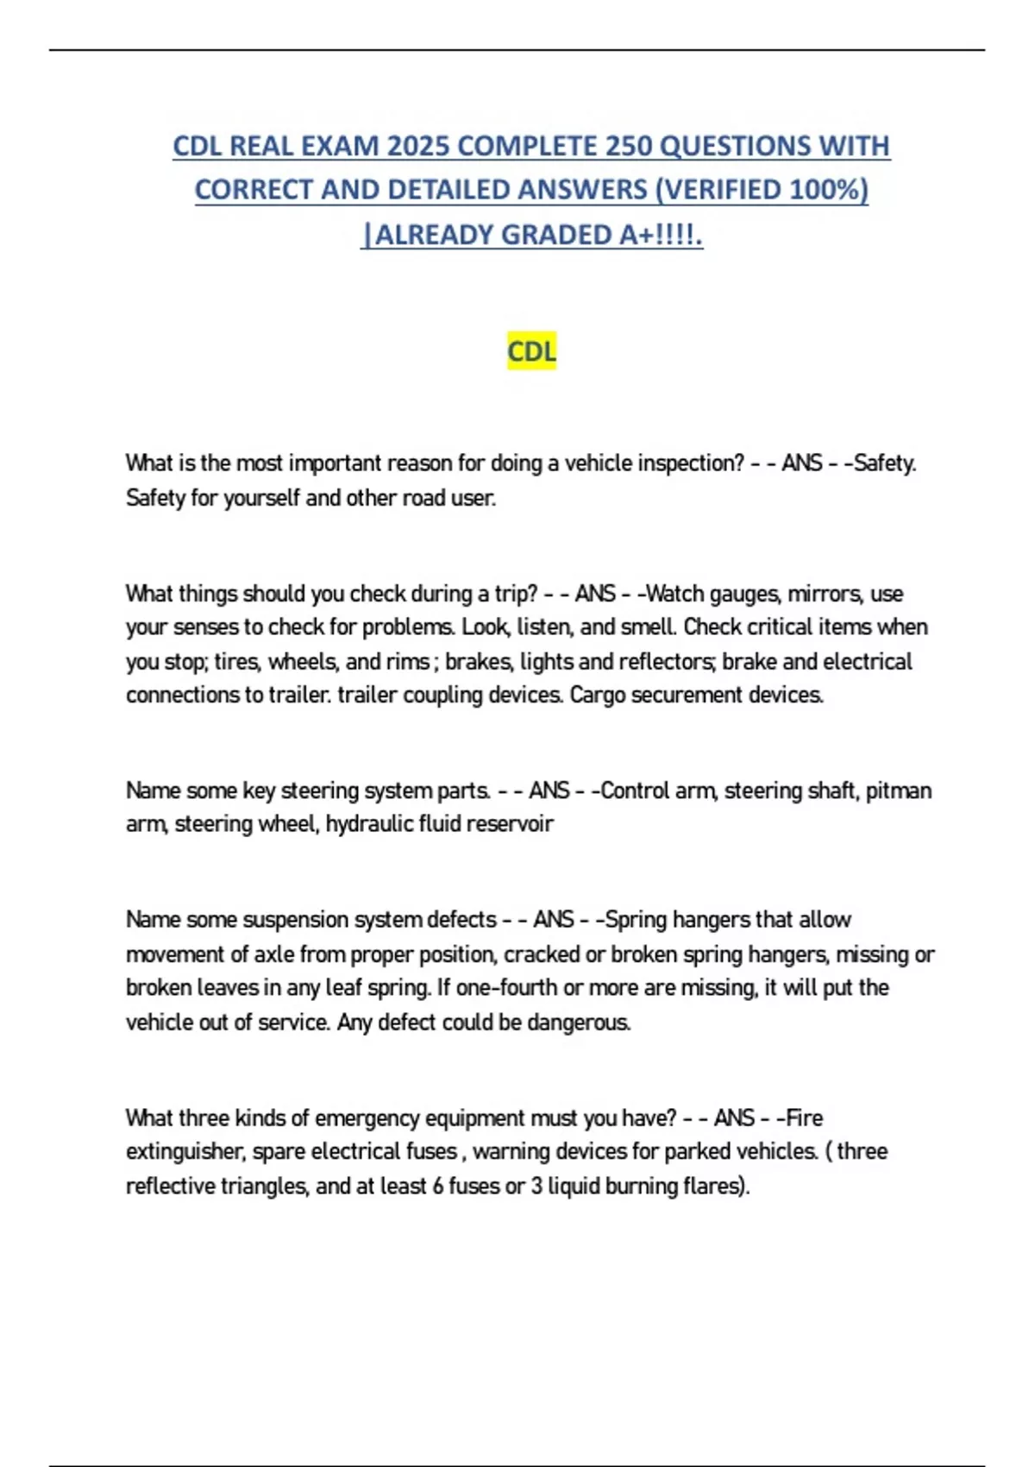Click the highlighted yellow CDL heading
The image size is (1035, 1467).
point(531,351)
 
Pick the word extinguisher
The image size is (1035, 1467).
point(185,1152)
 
